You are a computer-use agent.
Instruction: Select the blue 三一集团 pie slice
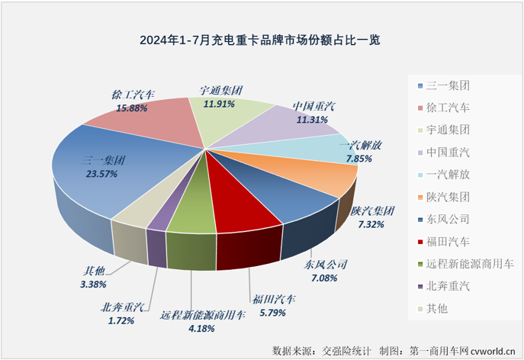point(114,183)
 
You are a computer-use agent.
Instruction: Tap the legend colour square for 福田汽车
point(423,242)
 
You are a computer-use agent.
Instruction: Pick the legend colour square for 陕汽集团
point(423,197)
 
